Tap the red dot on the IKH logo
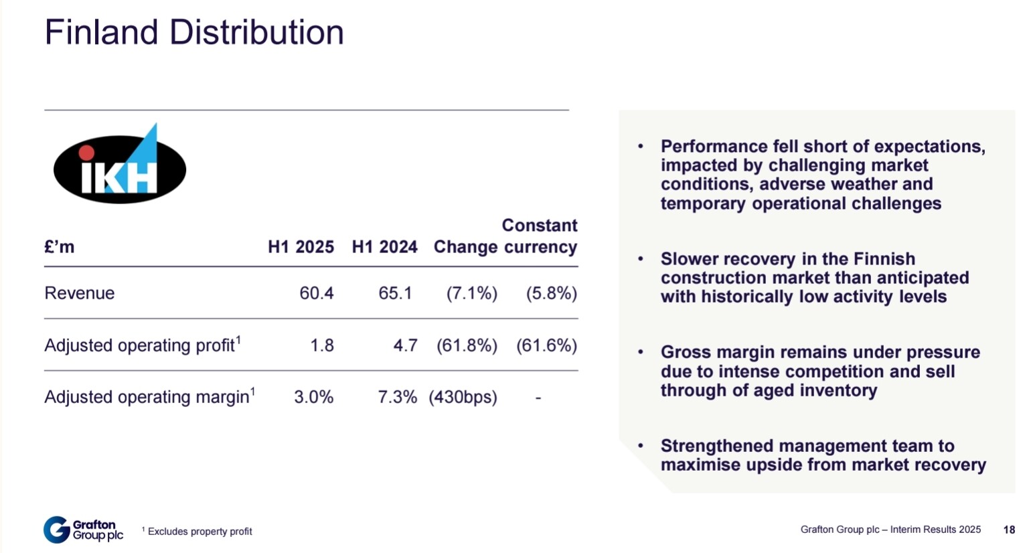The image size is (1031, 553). pyautogui.click(x=86, y=153)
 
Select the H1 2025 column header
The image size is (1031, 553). pyautogui.click(x=301, y=247)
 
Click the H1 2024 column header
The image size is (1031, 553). pyautogui.click(x=385, y=247)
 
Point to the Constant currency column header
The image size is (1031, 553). pyautogui.click(x=540, y=236)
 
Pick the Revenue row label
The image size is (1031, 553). pyautogui.click(x=80, y=293)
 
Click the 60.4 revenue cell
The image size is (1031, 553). pyautogui.click(x=317, y=293)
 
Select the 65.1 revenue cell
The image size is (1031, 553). pyautogui.click(x=396, y=293)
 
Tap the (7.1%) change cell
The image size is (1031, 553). pyautogui.click(x=472, y=293)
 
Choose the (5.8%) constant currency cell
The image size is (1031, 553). pyautogui.click(x=552, y=293)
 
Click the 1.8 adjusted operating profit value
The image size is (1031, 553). pyautogui.click(x=322, y=345)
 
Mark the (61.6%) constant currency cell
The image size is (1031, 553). pyautogui.click(x=547, y=345)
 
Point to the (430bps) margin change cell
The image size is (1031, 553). pyautogui.click(x=463, y=397)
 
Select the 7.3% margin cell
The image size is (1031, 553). pyautogui.click(x=398, y=397)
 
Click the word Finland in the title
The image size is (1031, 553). pyautogui.click(x=101, y=32)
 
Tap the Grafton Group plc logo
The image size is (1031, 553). pyautogui.click(x=84, y=530)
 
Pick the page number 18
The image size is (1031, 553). pyautogui.click(x=1010, y=530)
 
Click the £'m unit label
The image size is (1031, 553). pyautogui.click(x=60, y=247)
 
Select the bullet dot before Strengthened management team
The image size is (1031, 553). pyautogui.click(x=640, y=446)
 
